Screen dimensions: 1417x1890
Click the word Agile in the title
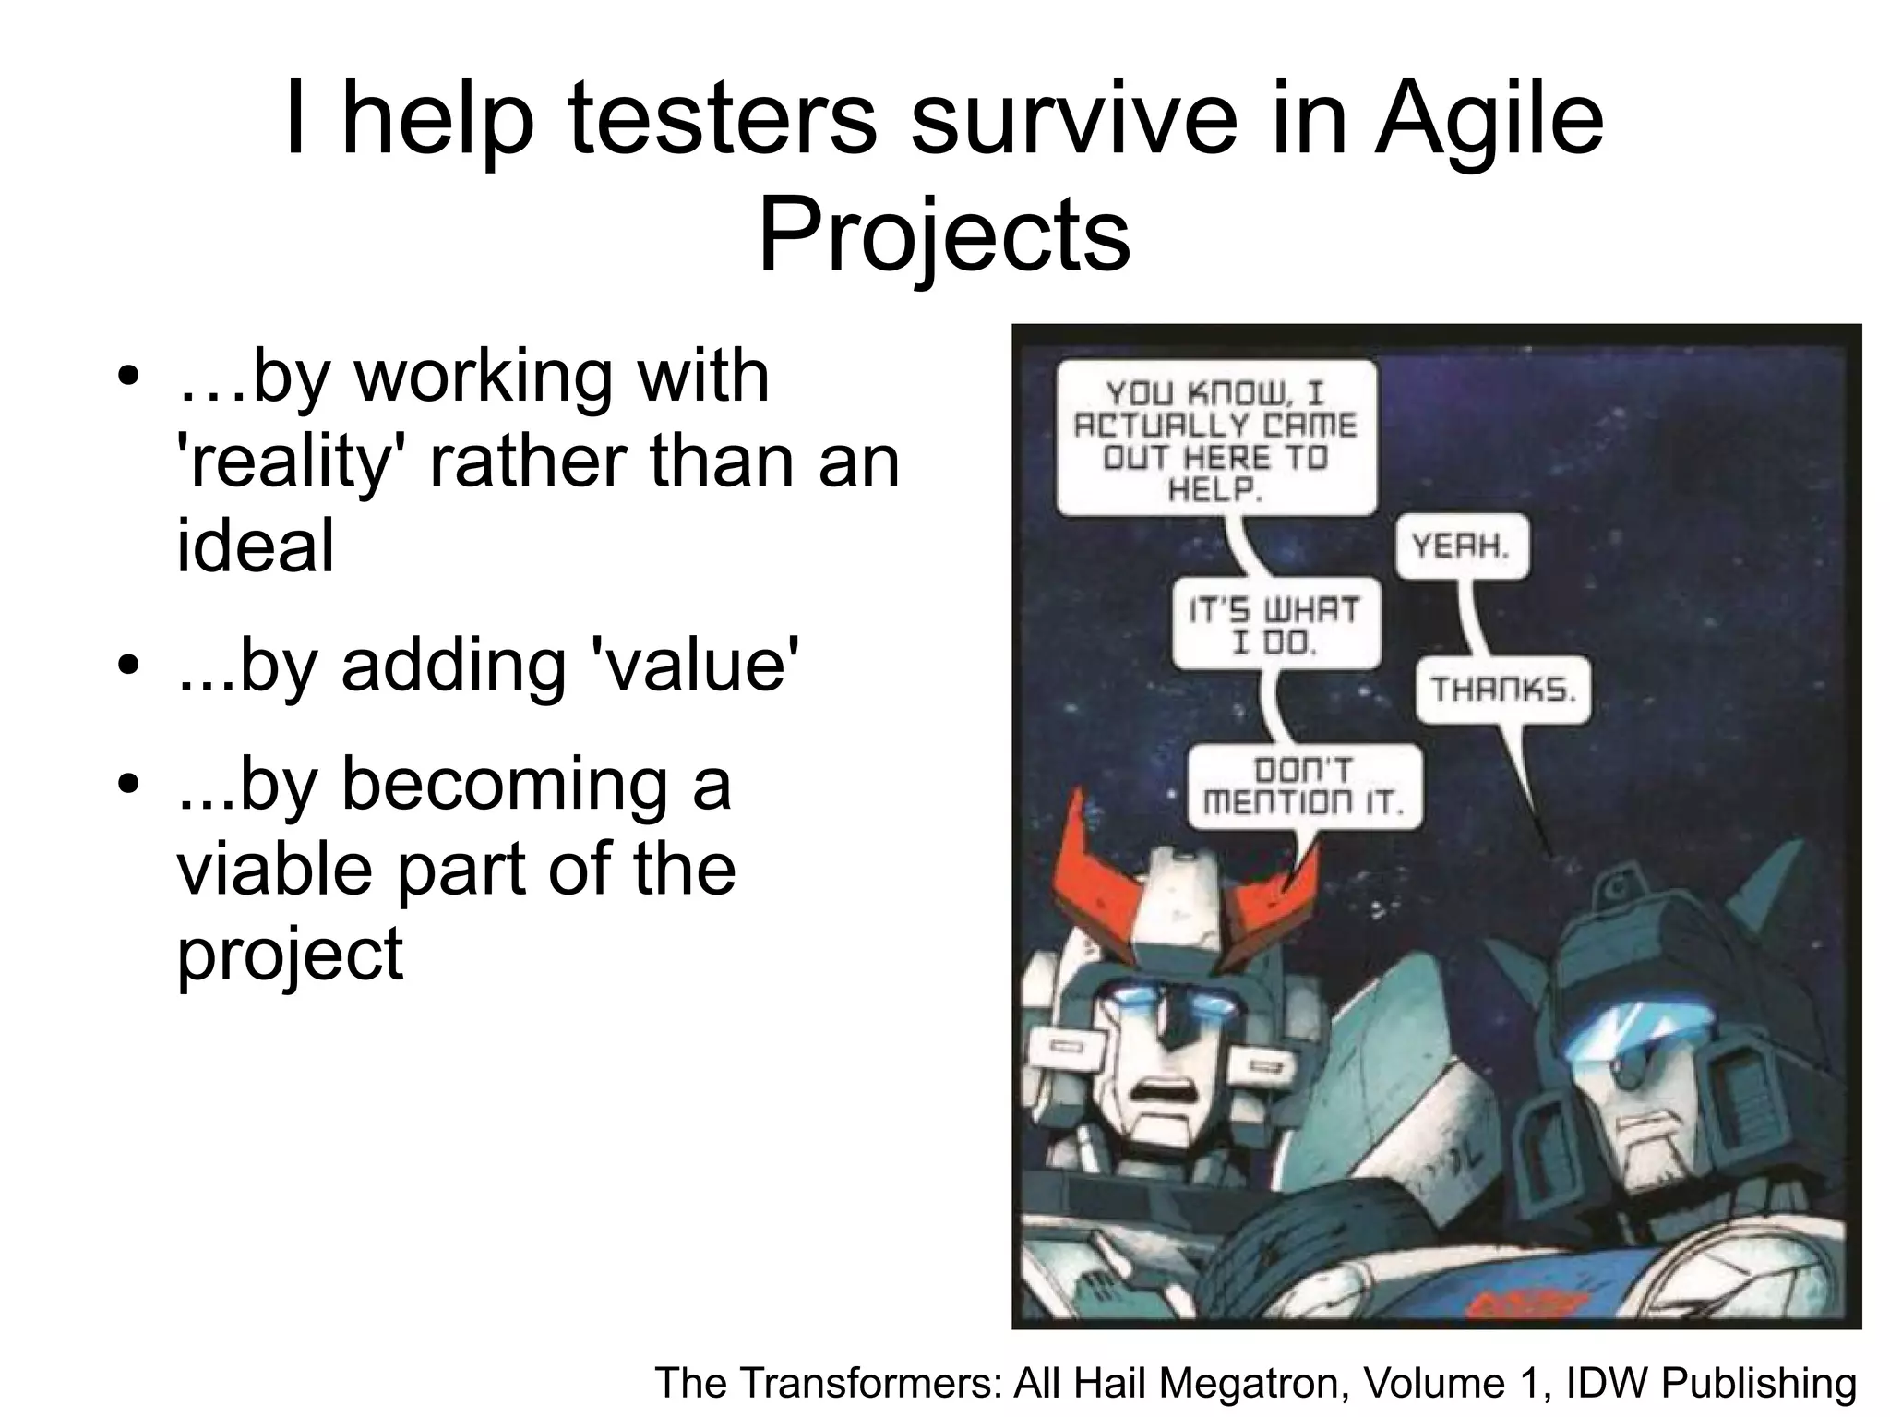pyautogui.click(x=1488, y=120)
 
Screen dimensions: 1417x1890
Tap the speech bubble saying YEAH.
pyautogui.click(x=1461, y=546)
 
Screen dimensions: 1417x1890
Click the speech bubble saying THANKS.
pyautogui.click(x=1503, y=689)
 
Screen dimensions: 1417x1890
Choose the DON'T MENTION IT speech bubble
pyautogui.click(x=1303, y=787)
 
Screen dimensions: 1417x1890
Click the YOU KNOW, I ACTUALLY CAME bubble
pyautogui.click(x=1215, y=438)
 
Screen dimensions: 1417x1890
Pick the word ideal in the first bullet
pyautogui.click(x=256, y=546)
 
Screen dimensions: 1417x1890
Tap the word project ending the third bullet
pyautogui.click(x=290, y=955)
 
